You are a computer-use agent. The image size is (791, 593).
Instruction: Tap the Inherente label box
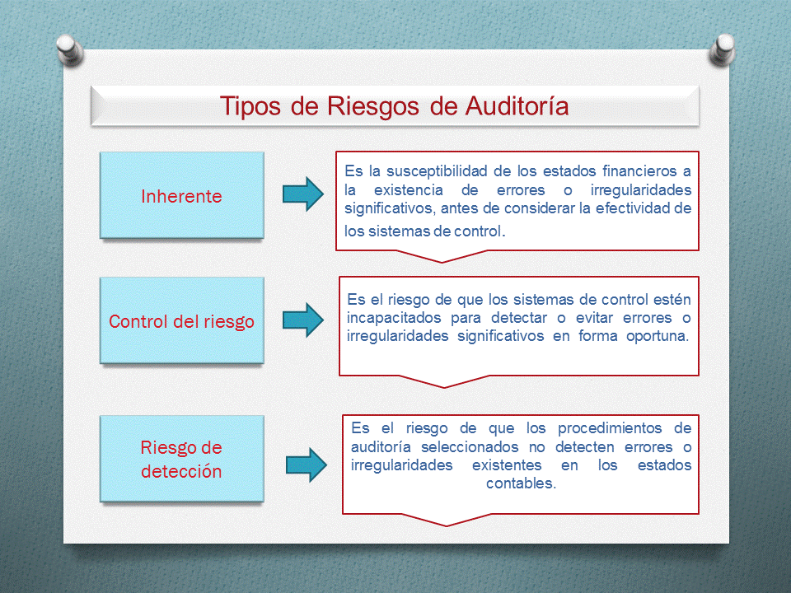181,196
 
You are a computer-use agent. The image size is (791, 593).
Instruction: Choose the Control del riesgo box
181,320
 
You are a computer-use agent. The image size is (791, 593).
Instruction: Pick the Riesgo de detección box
181,459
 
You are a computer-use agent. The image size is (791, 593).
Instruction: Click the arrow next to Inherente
303,194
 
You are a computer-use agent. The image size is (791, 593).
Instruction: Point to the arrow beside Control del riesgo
303,320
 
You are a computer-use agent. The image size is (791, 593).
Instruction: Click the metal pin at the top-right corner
721,50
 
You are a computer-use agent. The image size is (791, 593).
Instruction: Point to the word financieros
634,171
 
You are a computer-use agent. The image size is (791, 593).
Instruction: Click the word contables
520,484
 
